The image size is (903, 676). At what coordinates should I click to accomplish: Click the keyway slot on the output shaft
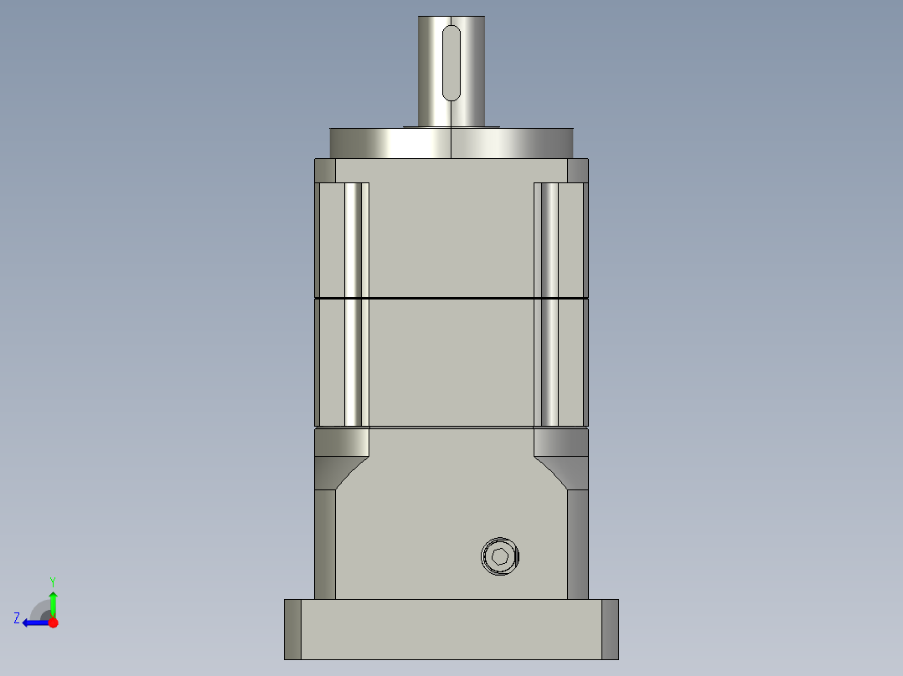(451, 64)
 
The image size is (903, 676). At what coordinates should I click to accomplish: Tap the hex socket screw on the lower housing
(500, 556)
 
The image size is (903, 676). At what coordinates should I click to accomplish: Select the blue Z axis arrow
(36, 622)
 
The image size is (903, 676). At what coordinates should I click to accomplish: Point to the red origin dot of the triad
(54, 622)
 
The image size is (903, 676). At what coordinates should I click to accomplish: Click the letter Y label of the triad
(53, 581)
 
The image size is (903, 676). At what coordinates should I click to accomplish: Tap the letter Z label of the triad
(17, 618)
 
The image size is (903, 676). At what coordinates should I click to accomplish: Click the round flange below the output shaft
(451, 143)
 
